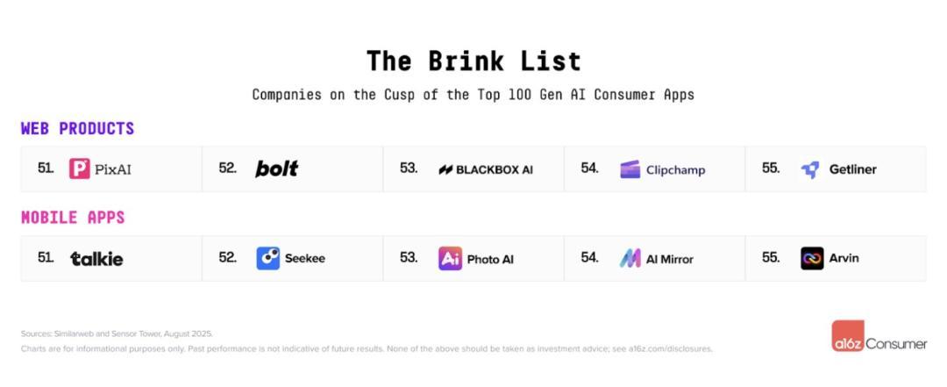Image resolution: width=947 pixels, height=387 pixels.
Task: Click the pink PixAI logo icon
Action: pyautogui.click(x=79, y=168)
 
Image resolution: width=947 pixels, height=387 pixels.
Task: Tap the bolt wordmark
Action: pyautogui.click(x=276, y=168)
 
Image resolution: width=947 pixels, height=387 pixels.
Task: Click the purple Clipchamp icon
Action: pyautogui.click(x=630, y=169)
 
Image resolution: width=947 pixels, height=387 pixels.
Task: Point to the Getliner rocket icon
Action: pyautogui.click(x=810, y=170)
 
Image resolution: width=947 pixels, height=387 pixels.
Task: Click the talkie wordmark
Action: pyautogui.click(x=96, y=259)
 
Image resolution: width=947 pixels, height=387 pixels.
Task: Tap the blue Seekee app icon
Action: pyautogui.click(x=268, y=258)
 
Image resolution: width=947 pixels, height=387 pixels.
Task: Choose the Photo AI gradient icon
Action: pyautogui.click(x=450, y=258)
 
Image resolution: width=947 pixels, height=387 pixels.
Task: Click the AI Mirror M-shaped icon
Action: pyautogui.click(x=630, y=259)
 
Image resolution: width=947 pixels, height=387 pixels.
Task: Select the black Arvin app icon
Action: pyautogui.click(x=812, y=258)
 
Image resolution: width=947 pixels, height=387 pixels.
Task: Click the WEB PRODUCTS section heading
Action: pyautogui.click(x=77, y=129)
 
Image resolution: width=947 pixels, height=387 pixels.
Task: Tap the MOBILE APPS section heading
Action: pyautogui.click(x=73, y=218)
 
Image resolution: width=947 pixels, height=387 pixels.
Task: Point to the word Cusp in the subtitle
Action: pyautogui.click(x=397, y=95)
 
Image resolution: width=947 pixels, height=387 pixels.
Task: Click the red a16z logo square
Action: pyautogui.click(x=847, y=336)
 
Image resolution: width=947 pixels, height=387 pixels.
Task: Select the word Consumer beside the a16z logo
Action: pyautogui.click(x=896, y=344)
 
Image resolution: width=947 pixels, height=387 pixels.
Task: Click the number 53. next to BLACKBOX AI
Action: pyautogui.click(x=409, y=168)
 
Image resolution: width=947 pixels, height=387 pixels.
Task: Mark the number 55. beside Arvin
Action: pyautogui.click(x=772, y=258)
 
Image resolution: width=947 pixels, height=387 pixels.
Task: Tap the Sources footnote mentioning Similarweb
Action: pyautogui.click(x=117, y=333)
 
